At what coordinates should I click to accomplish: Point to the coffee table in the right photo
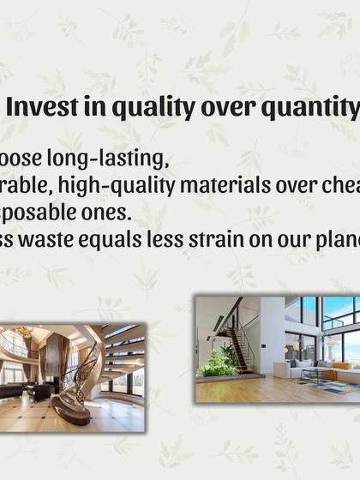point(315,374)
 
